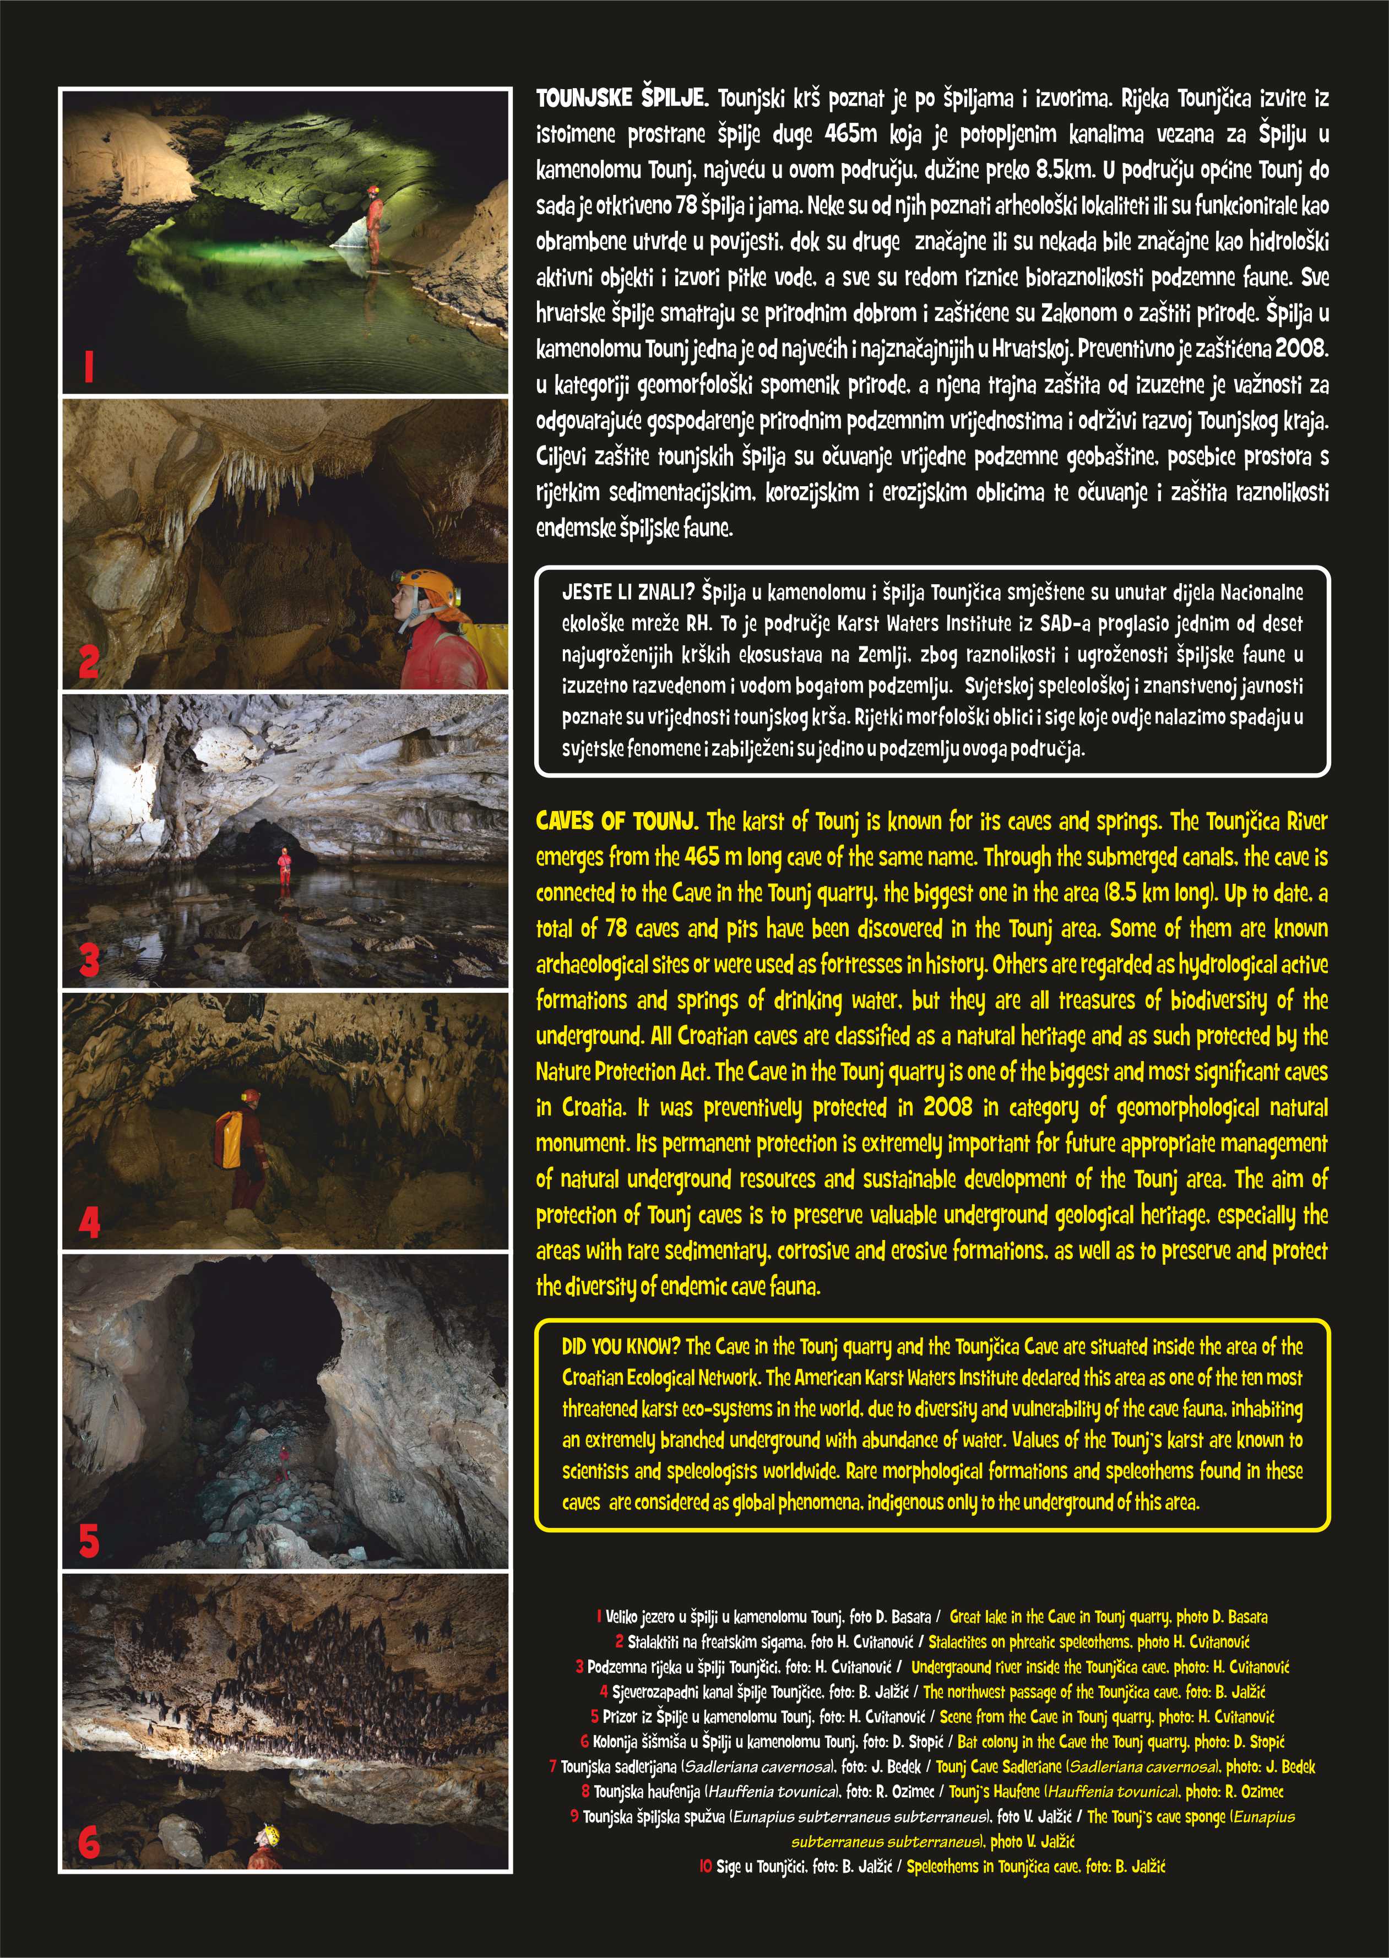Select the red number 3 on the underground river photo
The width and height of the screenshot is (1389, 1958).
click(89, 961)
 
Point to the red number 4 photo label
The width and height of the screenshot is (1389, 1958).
click(89, 1223)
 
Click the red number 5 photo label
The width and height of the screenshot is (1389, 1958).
click(89, 1541)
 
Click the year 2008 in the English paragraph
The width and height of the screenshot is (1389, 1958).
click(948, 1107)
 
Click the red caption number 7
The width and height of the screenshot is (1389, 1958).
click(552, 1766)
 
